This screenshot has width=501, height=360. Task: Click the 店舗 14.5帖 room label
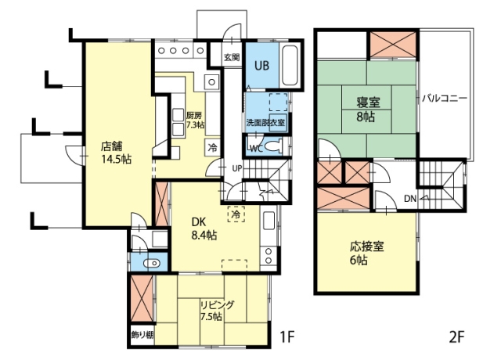click(x=117, y=153)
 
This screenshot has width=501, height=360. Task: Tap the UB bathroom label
click(x=261, y=66)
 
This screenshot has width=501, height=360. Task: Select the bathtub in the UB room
click(x=290, y=66)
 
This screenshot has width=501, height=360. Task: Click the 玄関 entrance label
click(x=232, y=57)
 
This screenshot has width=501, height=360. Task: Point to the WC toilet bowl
click(x=275, y=146)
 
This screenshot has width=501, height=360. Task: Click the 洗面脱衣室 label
click(x=265, y=123)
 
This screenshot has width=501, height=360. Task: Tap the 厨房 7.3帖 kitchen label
click(x=195, y=120)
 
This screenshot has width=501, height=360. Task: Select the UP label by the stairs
click(x=236, y=168)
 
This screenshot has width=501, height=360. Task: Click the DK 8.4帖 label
click(x=204, y=229)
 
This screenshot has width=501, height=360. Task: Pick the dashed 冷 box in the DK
click(x=236, y=214)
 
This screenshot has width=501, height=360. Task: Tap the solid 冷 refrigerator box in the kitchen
click(x=212, y=148)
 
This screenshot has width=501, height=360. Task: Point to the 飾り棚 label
click(x=142, y=335)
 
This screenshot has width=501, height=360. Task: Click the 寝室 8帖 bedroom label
click(x=369, y=110)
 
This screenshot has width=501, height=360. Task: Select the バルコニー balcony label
click(x=445, y=99)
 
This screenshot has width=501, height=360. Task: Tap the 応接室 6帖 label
click(x=366, y=254)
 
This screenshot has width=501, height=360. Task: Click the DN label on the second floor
click(x=410, y=199)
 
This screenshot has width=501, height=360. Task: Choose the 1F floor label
click(x=287, y=337)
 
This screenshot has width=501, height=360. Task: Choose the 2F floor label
click(x=456, y=337)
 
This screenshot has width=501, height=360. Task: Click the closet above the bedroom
click(x=393, y=45)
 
